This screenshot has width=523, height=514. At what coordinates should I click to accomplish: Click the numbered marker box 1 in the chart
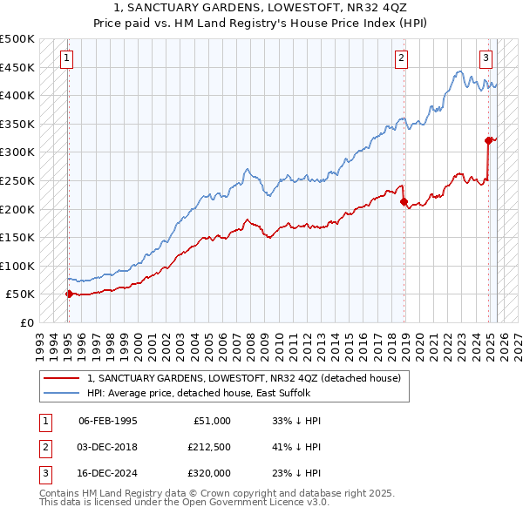tap(67, 59)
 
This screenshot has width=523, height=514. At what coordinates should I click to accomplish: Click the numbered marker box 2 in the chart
tap(401, 59)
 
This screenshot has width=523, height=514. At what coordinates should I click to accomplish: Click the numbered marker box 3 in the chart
tap(486, 59)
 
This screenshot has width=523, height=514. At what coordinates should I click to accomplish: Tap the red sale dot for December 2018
tap(404, 202)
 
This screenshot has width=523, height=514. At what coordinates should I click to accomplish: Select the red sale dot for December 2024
tap(489, 140)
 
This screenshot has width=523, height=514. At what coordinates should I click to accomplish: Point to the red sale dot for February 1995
tap(69, 294)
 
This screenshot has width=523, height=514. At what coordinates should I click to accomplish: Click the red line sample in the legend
tap(60, 378)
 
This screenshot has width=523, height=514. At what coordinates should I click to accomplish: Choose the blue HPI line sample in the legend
tap(60, 392)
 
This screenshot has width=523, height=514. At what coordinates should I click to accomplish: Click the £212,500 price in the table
tap(208, 447)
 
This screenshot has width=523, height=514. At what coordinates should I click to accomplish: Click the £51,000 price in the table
tap(212, 421)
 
